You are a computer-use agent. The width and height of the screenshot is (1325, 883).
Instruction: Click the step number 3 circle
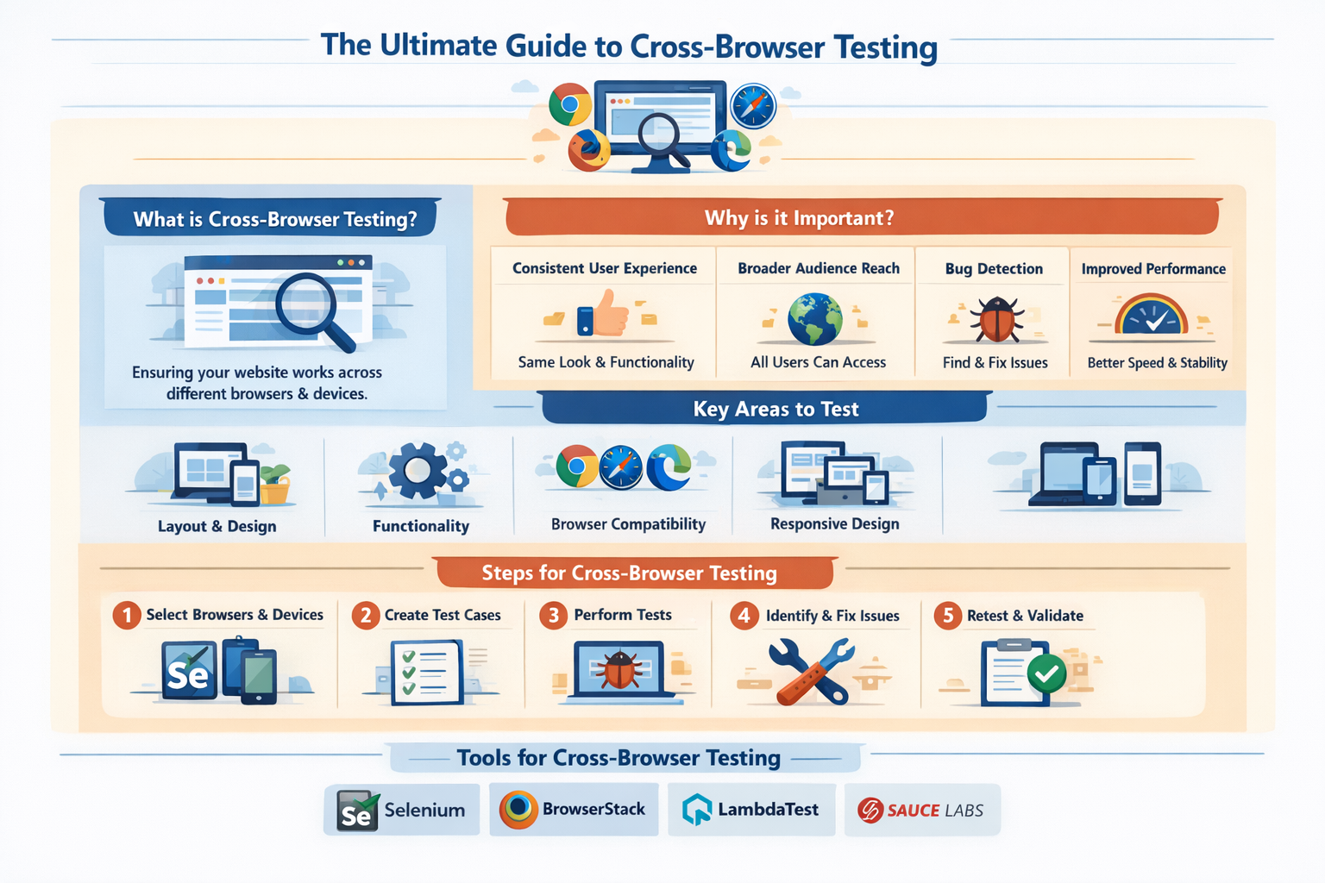[553, 615]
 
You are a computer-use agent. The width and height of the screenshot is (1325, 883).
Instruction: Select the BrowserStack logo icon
[518, 810]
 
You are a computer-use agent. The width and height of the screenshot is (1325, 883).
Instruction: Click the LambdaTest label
[768, 810]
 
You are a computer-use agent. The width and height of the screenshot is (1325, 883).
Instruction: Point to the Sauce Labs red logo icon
[870, 811]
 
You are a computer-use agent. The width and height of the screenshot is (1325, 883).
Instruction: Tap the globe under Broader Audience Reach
[815, 318]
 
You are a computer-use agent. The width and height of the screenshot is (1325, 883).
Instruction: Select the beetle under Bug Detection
[996, 319]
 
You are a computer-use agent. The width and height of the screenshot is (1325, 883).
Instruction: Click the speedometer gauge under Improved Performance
[1152, 316]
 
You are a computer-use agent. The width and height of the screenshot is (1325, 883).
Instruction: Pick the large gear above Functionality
[418, 471]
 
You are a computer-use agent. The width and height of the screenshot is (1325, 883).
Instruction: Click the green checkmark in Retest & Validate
[1046, 673]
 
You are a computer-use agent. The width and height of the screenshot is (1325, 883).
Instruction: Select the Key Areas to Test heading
[776, 410]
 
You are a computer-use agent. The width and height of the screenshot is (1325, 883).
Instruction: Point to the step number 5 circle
[947, 615]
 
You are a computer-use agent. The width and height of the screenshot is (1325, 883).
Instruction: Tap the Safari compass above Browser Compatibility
[621, 467]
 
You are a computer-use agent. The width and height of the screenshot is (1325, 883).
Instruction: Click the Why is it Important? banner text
[799, 218]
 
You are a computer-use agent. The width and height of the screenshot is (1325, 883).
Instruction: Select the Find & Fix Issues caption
[995, 363]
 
